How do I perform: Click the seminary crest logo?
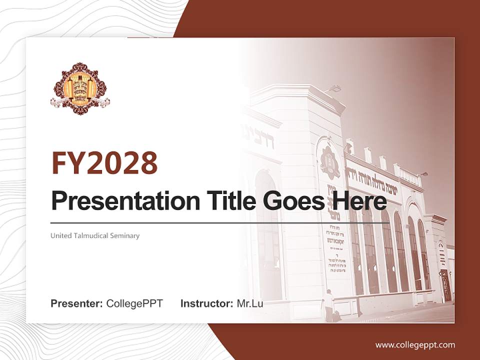(x=80, y=89)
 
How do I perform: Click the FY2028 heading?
(x=104, y=162)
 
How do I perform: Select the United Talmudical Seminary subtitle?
(x=95, y=235)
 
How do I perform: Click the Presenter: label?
(x=77, y=303)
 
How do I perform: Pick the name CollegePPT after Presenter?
(x=134, y=303)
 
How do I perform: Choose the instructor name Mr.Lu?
(x=249, y=303)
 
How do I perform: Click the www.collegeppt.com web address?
(x=415, y=344)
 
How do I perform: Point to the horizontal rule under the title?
(x=220, y=222)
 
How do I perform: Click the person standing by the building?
(x=328, y=304)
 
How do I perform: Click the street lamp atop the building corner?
(x=334, y=89)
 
